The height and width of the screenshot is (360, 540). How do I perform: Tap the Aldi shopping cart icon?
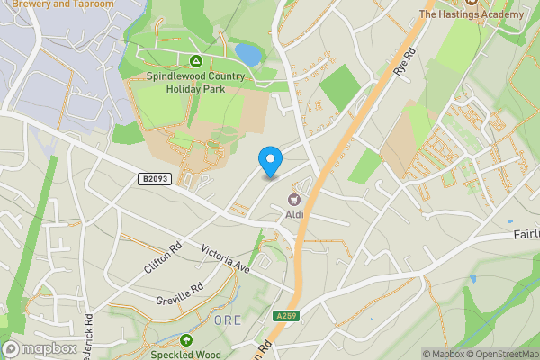(293, 200)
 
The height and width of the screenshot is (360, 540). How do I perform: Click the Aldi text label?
(294, 214)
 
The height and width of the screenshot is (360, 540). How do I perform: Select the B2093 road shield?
(154, 181)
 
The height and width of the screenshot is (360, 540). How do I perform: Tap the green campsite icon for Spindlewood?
(195, 61)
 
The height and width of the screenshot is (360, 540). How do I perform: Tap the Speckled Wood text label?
(184, 354)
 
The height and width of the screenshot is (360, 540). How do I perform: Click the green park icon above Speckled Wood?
(185, 339)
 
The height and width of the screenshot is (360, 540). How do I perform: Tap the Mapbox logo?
(38, 348)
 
